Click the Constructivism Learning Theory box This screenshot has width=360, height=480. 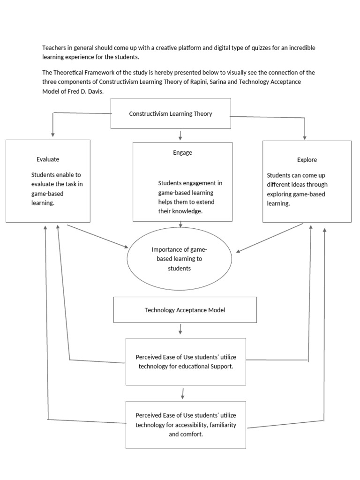171,113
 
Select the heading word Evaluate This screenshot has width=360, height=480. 48,159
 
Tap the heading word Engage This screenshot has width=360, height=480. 182,153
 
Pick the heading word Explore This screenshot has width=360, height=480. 307,160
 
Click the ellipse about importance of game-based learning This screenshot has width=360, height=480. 180,259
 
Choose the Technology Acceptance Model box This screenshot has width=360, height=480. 185,310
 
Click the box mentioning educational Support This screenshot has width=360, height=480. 186,361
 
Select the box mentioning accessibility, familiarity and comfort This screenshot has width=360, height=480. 186,425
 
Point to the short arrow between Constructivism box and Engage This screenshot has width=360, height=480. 180,135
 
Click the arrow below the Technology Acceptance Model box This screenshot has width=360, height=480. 180,330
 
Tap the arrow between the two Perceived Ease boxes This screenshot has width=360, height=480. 182,393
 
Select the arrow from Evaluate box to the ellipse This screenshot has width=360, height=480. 97,236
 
